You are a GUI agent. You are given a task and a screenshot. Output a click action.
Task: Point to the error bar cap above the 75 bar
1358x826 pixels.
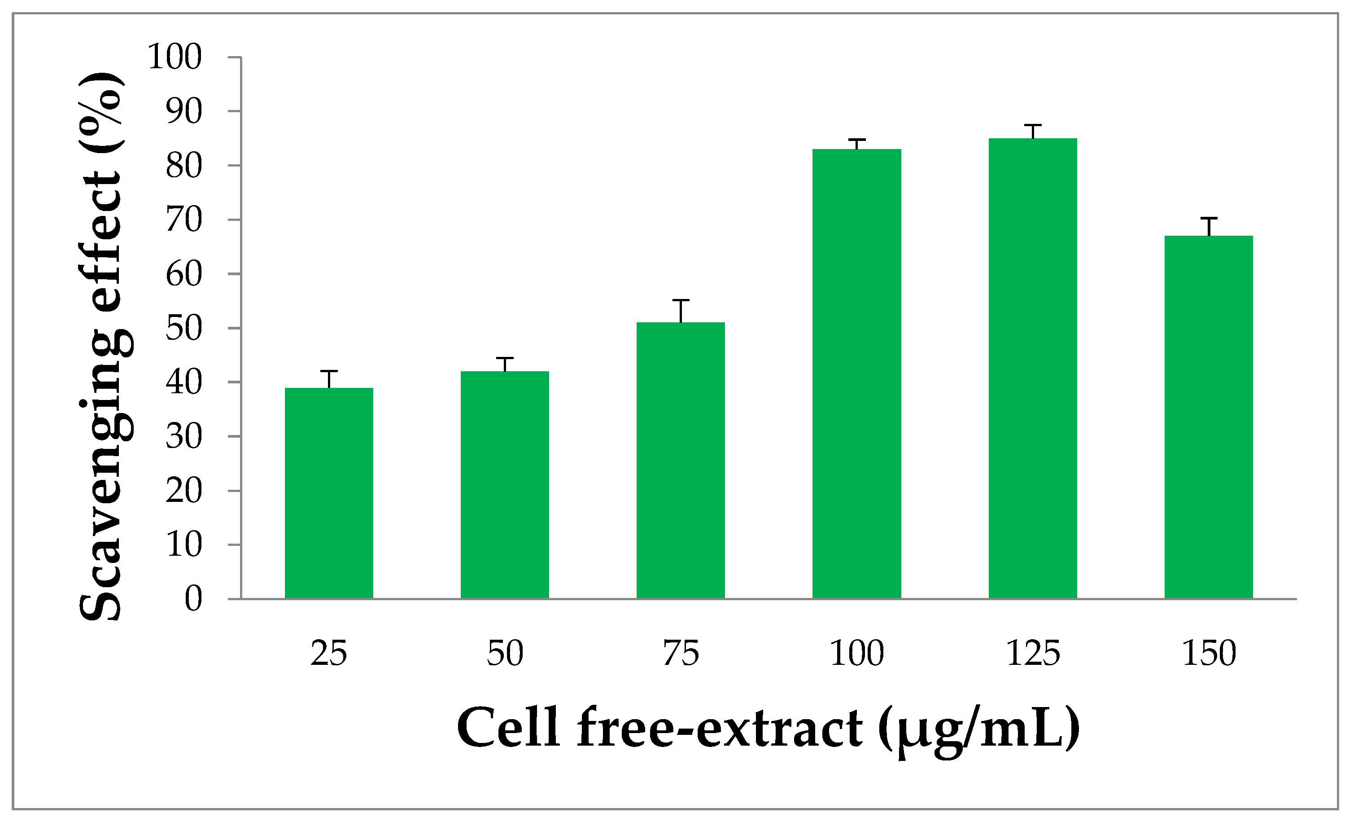point(681,300)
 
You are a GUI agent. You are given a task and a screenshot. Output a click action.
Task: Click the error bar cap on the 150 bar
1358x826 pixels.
point(1209,218)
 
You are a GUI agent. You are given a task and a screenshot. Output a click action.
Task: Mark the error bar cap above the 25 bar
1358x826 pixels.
point(329,371)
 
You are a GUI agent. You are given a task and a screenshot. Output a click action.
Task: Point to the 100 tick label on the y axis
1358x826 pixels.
point(175,57)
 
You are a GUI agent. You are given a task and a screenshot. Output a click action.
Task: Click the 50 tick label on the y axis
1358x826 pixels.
point(184,329)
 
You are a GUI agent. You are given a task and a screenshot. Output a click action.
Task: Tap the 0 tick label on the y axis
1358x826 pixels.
point(193,599)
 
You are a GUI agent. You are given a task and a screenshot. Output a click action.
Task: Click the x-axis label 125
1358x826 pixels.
point(1032,654)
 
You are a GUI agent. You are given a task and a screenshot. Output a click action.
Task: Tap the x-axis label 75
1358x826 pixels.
point(681,654)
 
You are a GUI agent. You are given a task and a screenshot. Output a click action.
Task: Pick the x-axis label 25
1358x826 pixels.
point(329,654)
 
